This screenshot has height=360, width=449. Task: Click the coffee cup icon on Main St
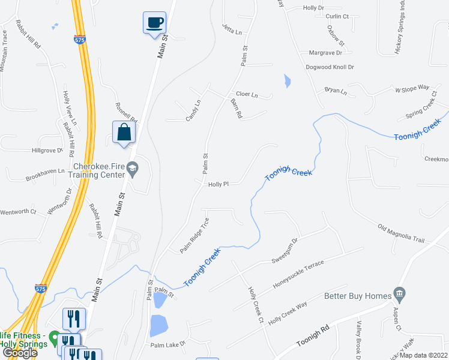[155, 22]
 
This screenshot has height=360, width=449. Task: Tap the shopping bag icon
[124, 132]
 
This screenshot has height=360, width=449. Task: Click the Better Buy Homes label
[357, 295]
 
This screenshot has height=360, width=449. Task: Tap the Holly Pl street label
[218, 185]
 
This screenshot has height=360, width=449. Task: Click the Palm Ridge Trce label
[194, 235]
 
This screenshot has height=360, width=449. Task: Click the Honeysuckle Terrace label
[298, 273]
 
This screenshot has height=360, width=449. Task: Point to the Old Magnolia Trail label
[401, 234]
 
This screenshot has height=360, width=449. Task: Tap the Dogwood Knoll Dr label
[330, 68]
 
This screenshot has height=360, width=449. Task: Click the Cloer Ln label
[246, 94]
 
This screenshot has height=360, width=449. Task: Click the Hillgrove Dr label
[48, 151]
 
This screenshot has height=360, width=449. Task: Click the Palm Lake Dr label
[169, 345]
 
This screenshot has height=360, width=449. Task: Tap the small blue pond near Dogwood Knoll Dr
[287, 81]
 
